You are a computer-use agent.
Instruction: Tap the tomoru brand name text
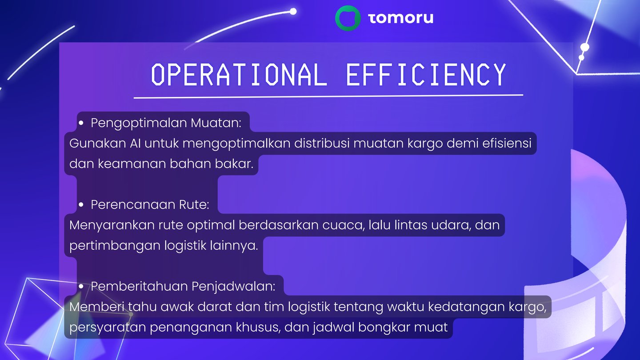point(401,18)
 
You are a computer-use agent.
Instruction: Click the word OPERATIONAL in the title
point(239,75)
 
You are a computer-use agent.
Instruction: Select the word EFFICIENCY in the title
point(426,75)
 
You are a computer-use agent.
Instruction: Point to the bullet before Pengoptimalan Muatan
point(81,123)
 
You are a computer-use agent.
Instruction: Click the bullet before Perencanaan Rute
point(81,204)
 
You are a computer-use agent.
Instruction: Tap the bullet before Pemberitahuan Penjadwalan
point(81,286)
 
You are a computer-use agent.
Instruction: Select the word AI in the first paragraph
point(135,143)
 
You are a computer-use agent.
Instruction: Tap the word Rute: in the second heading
point(194,204)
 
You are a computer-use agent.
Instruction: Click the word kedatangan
point(466,307)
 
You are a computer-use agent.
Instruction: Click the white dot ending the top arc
point(293,12)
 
